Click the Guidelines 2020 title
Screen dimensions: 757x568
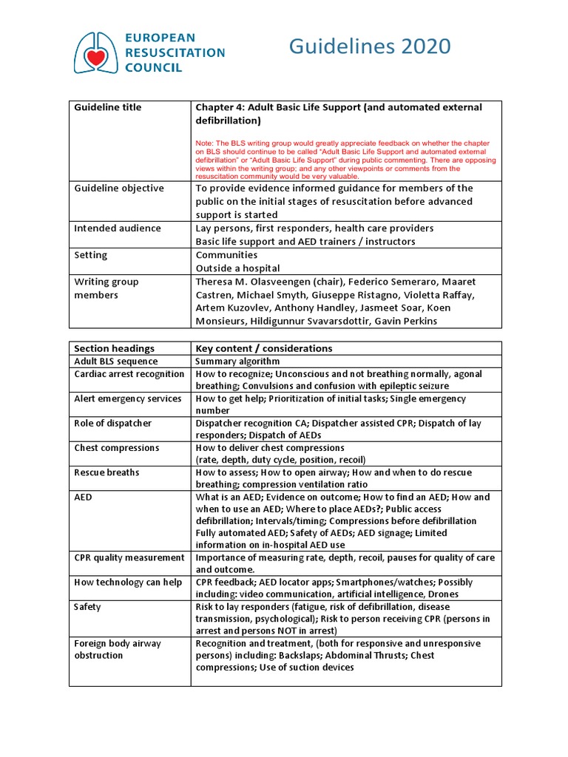(x=369, y=47)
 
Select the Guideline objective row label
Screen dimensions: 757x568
(x=118, y=188)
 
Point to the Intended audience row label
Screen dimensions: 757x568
(x=117, y=228)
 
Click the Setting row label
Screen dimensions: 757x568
(x=90, y=255)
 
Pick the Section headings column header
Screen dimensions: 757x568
(x=114, y=348)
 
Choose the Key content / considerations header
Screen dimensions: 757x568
(x=263, y=348)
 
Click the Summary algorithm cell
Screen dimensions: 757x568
(x=237, y=361)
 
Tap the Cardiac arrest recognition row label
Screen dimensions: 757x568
(x=129, y=374)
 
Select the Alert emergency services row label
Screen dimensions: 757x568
(x=127, y=398)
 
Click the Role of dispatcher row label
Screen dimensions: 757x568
(x=112, y=423)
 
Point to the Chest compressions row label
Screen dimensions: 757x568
(x=116, y=447)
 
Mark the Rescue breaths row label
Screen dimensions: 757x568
(x=106, y=472)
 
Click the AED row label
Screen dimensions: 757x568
(x=83, y=497)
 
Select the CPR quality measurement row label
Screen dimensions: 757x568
(x=129, y=557)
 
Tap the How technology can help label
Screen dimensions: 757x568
(x=127, y=582)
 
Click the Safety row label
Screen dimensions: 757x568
(x=87, y=606)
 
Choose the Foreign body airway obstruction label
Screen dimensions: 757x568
(x=117, y=649)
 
